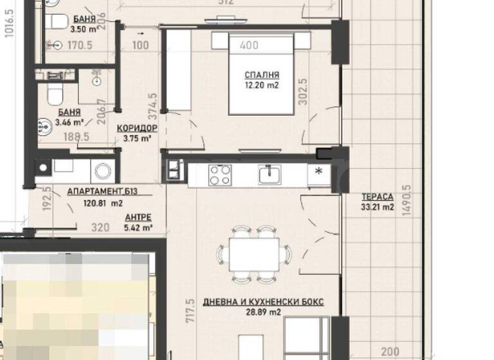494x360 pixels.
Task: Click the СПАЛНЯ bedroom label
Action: pos(257,74)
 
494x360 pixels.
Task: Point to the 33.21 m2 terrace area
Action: pos(377,207)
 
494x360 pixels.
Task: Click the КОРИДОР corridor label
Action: pos(137,128)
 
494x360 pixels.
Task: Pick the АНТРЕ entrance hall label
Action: pos(138,217)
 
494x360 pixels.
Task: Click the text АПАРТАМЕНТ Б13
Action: pos(102,192)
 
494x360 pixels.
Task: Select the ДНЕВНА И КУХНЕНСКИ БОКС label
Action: pos(263,301)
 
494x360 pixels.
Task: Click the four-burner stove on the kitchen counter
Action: pos(219,174)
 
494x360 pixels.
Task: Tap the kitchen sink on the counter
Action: pos(270,174)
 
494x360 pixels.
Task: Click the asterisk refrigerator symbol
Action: pos(318,172)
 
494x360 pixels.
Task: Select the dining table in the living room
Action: pos(255,255)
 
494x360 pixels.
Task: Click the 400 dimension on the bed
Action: pos(248,46)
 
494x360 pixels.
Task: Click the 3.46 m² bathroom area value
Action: pos(69,122)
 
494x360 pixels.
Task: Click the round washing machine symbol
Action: pos(103,170)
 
